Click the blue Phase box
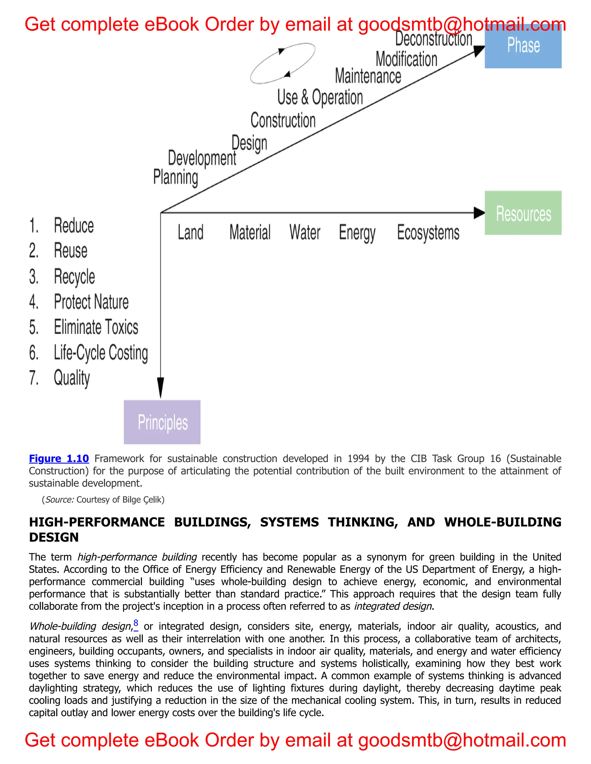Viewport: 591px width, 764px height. point(523,46)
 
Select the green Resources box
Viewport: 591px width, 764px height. point(523,213)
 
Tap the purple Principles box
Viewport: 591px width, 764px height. point(162,422)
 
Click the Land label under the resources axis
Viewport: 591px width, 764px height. point(190,233)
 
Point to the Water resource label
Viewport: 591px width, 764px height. point(305,233)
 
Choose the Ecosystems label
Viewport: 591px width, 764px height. point(428,233)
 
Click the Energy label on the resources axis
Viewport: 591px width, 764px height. point(357,233)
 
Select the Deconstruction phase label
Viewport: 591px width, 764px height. point(434,39)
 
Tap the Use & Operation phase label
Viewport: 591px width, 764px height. point(320,98)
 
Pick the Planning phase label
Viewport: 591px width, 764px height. point(176,177)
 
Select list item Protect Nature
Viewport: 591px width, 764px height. point(91,302)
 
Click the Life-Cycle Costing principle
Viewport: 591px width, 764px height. point(100,353)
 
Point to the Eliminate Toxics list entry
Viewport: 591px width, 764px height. point(96,327)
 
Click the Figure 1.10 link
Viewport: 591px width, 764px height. point(59,459)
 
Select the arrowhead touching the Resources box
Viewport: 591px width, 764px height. point(479,213)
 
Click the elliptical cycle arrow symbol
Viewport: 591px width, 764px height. point(283,63)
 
